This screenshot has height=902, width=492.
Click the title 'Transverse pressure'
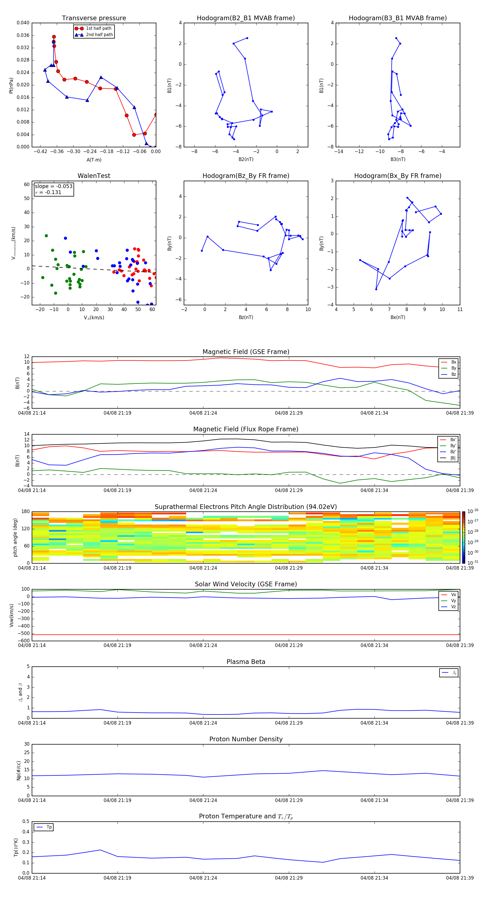pyautogui.click(x=94, y=18)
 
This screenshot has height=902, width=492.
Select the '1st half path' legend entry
pyautogui.click(x=98, y=28)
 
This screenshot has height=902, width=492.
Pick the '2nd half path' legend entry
pyautogui.click(x=99, y=35)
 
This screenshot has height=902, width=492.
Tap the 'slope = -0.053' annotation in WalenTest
pyautogui.click(x=54, y=186)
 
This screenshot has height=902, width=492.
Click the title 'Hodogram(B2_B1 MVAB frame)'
pyautogui.click(x=245, y=18)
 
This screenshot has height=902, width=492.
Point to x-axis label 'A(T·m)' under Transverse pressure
pyautogui.click(x=94, y=160)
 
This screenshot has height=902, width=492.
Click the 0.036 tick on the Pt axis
pyautogui.click(x=23, y=35)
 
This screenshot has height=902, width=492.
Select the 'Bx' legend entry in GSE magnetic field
pyautogui.click(x=453, y=362)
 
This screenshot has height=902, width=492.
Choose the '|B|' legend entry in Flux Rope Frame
pyautogui.click(x=453, y=458)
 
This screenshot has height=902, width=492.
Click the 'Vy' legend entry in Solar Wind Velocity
pyautogui.click(x=453, y=601)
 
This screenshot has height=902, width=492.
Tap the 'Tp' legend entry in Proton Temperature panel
pyautogui.click(x=49, y=827)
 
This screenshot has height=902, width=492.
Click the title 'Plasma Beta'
pyautogui.click(x=245, y=662)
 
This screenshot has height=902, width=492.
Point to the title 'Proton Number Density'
pyautogui.click(x=245, y=739)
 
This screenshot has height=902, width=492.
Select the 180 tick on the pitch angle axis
pyautogui.click(x=26, y=512)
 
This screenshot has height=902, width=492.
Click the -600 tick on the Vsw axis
pyautogui.click(x=24, y=641)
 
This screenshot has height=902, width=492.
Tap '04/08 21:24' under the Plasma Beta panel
pyautogui.click(x=203, y=723)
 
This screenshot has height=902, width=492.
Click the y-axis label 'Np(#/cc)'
pyautogui.click(x=19, y=770)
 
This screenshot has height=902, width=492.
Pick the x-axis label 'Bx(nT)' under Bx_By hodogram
pyautogui.click(x=397, y=317)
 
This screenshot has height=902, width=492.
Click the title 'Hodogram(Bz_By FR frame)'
pyautogui.click(x=245, y=176)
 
